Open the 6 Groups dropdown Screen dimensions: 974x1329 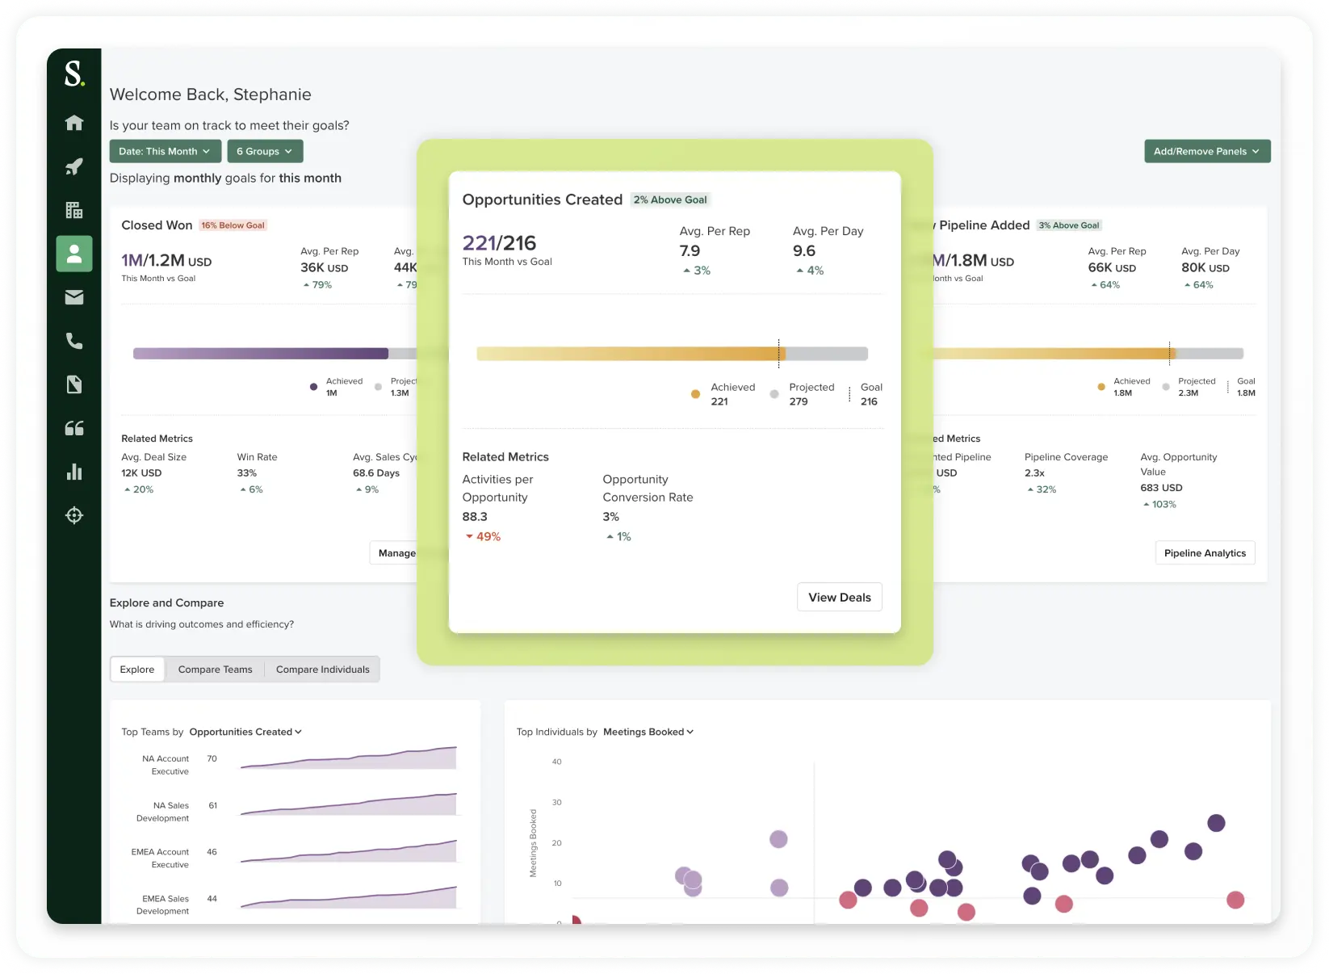[x=265, y=151]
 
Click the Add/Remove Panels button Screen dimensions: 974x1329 [x=1206, y=151]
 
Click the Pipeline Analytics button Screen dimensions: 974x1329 [x=1204, y=553]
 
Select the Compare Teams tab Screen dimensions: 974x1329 [x=215, y=670]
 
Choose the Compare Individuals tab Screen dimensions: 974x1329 [x=322, y=670]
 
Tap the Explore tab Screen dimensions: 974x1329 [x=137, y=670]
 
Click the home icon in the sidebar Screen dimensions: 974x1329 [x=74, y=123]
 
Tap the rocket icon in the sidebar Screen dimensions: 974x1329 [x=74, y=166]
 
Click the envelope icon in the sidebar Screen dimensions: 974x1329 [x=74, y=297]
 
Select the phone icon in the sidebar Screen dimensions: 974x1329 [x=74, y=341]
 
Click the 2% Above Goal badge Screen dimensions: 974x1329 [x=669, y=199]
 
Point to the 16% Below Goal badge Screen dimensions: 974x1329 [x=233, y=225]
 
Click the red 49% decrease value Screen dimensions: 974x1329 [x=483, y=536]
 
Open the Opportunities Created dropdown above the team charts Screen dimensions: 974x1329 [x=245, y=732]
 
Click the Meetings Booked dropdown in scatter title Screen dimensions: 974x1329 [x=648, y=732]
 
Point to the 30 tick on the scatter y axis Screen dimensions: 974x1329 [x=556, y=802]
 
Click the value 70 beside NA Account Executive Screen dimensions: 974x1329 [x=212, y=758]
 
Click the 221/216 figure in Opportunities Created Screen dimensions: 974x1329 [x=499, y=243]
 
